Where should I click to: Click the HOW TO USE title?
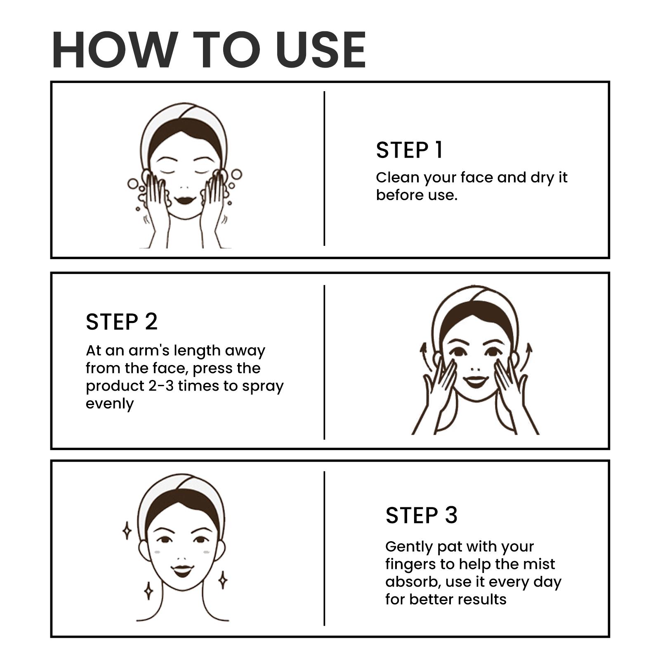tap(209, 49)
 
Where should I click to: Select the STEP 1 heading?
tap(409, 150)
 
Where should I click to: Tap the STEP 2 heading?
tap(122, 322)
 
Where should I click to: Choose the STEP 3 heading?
tap(422, 515)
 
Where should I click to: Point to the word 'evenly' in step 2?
tap(110, 404)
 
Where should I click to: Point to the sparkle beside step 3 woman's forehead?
tap(127, 530)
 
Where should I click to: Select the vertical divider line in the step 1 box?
tap(324, 168)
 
